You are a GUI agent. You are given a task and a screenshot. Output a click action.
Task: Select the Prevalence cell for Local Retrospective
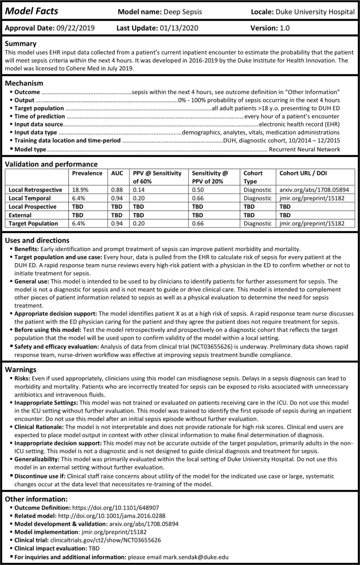click(x=80, y=189)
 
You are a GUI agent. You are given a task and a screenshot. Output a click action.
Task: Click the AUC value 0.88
click(x=116, y=189)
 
